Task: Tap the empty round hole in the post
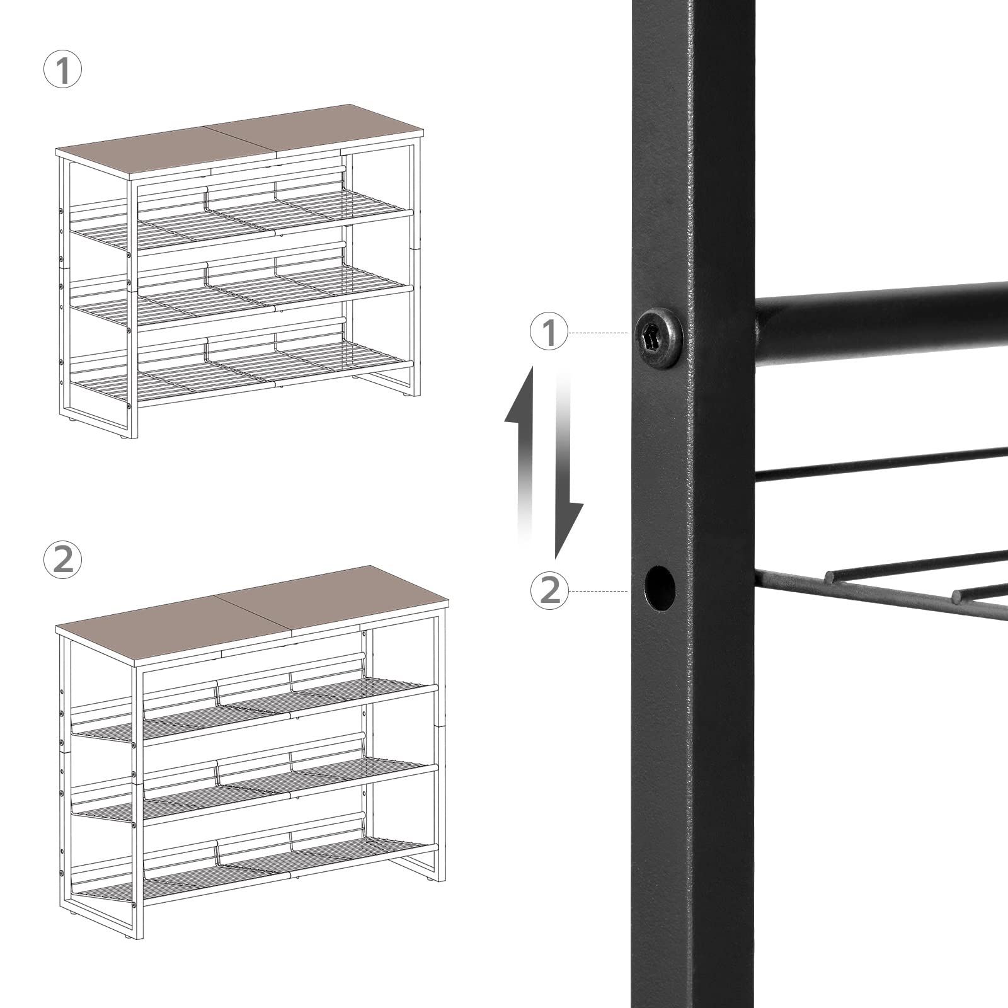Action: (x=659, y=588)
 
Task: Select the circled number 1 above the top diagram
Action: (x=62, y=71)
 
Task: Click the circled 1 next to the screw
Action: (x=549, y=333)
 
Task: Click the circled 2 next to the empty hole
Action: (x=549, y=590)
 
